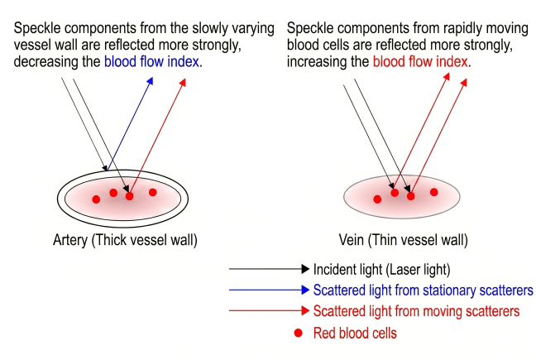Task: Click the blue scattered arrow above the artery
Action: pyautogui.click(x=132, y=124)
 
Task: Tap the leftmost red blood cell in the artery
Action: pyautogui.click(x=96, y=199)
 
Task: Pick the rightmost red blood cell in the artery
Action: pyautogui.click(x=153, y=193)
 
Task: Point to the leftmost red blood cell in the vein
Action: pyautogui.click(x=377, y=199)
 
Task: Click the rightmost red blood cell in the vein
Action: pyautogui.click(x=433, y=192)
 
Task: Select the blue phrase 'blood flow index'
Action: pyautogui.click(x=154, y=61)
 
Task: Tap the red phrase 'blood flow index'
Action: pyautogui.click(x=421, y=61)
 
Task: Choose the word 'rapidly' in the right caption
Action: pyautogui.click(x=462, y=28)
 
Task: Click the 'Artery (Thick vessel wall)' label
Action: pyautogui.click(x=124, y=241)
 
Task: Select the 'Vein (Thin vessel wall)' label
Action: pyautogui.click(x=403, y=241)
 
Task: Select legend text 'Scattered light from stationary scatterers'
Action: pyautogui.click(x=423, y=290)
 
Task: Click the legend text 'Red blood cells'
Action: pyautogui.click(x=355, y=334)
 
